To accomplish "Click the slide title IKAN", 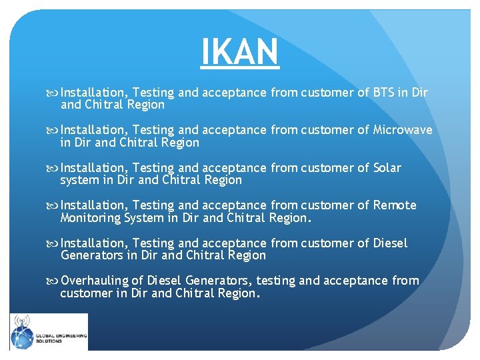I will pyautogui.click(x=240, y=51).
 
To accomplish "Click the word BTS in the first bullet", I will pyautogui.click(x=385, y=93).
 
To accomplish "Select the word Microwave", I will pyautogui.click(x=403, y=130).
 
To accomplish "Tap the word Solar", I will pyautogui.click(x=387, y=167).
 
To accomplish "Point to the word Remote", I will pyautogui.click(x=395, y=205).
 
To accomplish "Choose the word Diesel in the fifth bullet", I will pyautogui.click(x=390, y=243).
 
